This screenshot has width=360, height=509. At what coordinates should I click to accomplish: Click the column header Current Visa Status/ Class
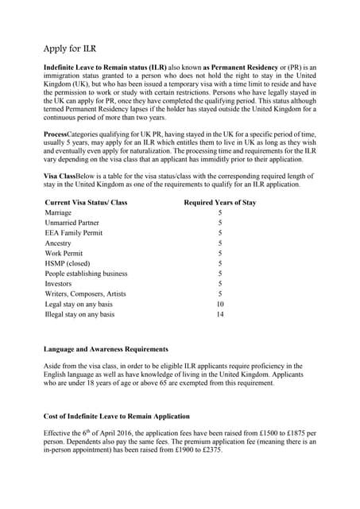coord(86,202)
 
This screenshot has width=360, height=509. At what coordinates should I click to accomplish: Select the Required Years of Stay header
coord(220,202)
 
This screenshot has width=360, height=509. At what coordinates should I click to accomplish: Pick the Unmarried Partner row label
coord(72,223)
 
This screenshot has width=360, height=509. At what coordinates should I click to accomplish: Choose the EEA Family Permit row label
coord(74,233)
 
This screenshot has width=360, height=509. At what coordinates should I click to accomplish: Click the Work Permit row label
coord(64,254)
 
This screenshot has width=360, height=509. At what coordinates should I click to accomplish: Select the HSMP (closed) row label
coord(68,263)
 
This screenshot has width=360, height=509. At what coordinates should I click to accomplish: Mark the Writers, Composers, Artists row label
coord(85,293)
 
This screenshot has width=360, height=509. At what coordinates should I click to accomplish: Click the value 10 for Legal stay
coord(220,304)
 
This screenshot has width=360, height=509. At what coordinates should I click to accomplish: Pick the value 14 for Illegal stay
coord(220,314)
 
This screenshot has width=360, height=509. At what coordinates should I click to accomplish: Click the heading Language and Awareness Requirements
coord(106,349)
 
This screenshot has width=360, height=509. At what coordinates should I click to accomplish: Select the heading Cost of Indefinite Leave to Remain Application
coord(117,417)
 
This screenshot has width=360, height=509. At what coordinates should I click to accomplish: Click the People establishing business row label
coord(86,274)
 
